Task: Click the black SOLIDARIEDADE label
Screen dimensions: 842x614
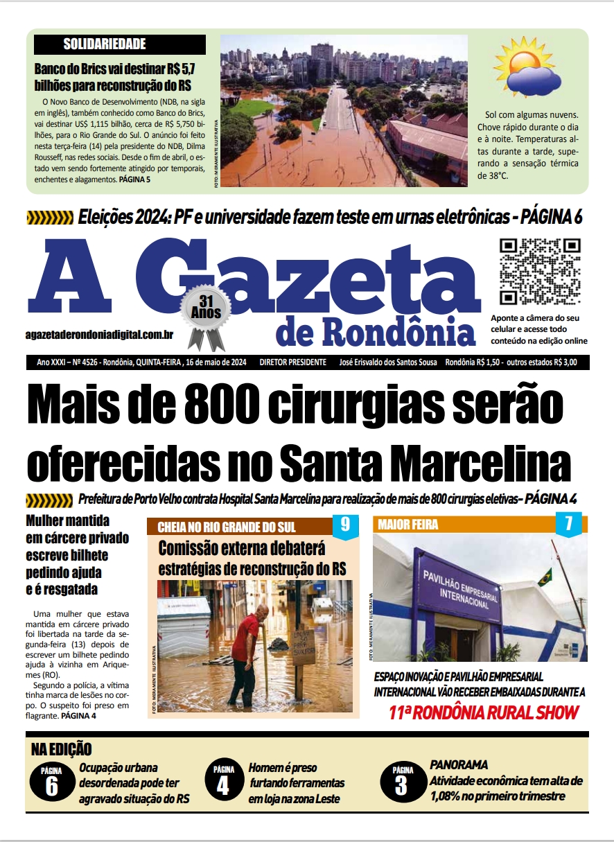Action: coord(119,44)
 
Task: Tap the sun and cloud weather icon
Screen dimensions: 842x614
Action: coord(527,67)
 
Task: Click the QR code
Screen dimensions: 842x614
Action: coord(540,272)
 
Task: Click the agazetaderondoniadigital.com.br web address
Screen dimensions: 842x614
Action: coord(98,335)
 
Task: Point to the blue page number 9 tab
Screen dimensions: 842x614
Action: coord(345,525)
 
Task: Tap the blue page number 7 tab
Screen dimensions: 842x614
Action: coord(568,524)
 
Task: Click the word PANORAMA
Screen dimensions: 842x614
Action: coord(459,764)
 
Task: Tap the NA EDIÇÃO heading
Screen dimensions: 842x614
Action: coord(62,748)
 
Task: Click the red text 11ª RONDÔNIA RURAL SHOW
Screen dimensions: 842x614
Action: coord(483,712)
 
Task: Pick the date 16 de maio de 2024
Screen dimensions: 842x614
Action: coord(216,362)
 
